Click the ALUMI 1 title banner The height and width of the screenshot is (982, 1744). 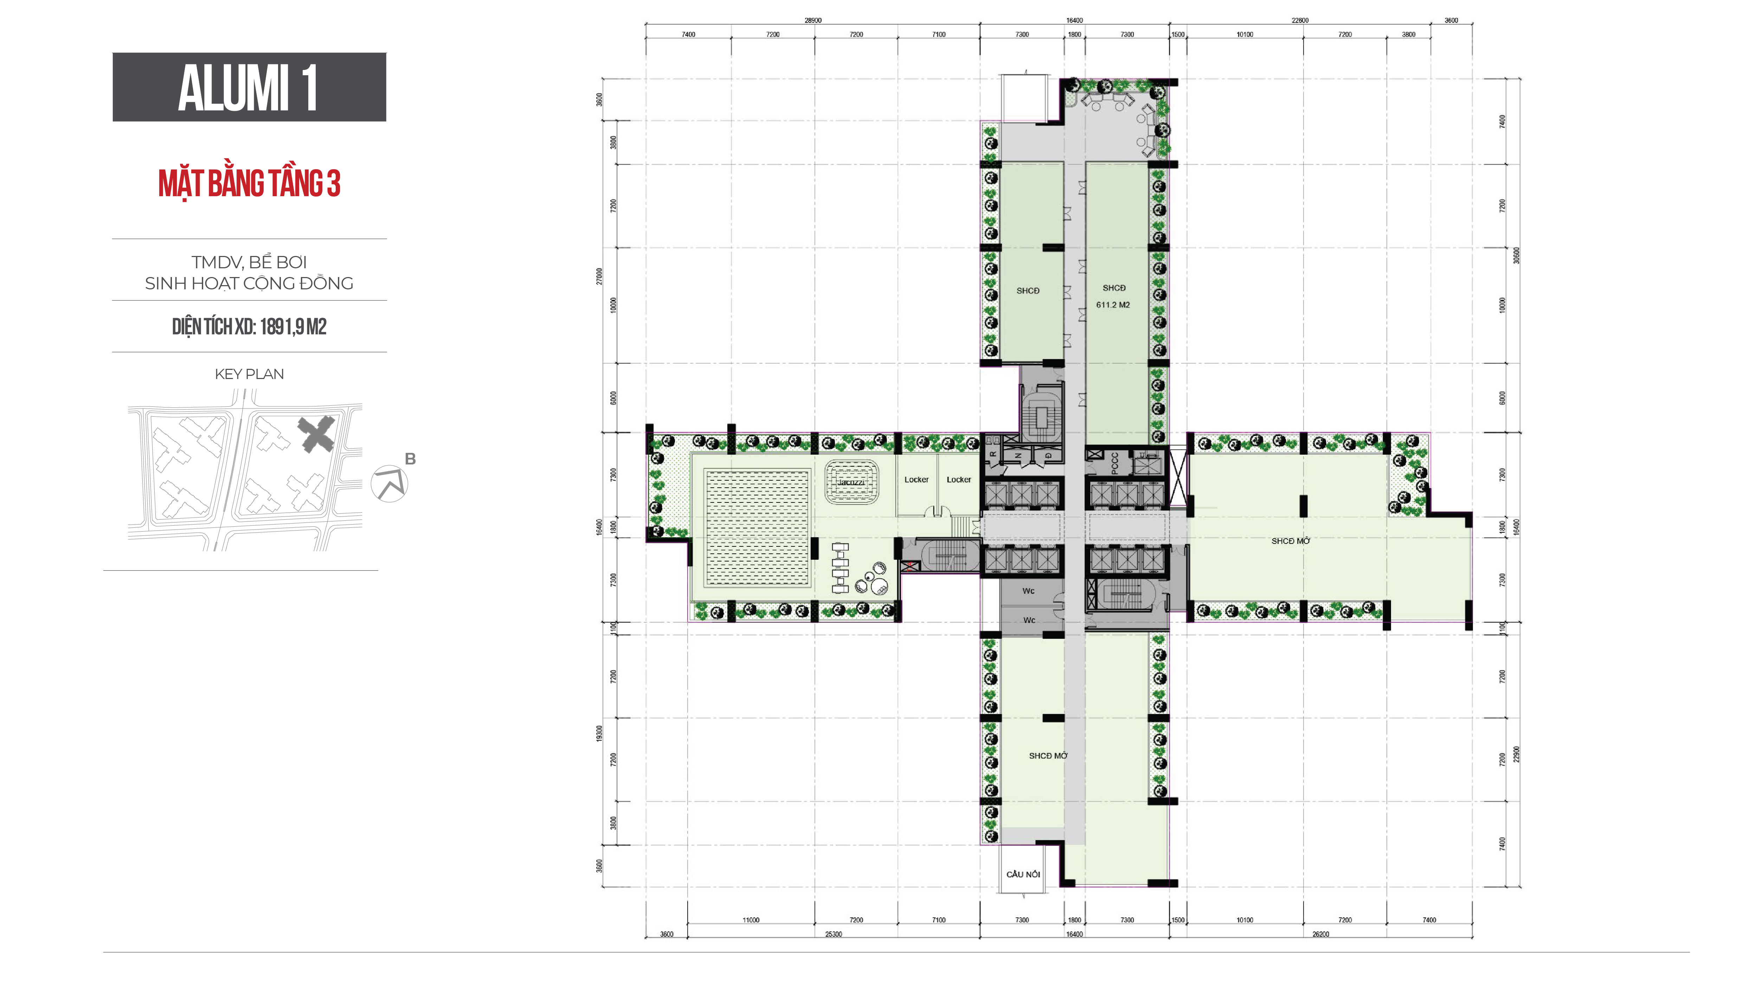pos(249,87)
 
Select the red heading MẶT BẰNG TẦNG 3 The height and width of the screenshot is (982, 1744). pos(249,184)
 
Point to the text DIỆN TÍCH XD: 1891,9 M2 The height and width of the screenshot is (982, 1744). pos(249,327)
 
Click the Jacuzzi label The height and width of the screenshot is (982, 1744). pos(851,482)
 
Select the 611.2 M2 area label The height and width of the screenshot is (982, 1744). pos(1113,305)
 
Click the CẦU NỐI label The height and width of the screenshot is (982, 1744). pos(1023,874)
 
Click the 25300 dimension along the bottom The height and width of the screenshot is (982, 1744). pos(834,935)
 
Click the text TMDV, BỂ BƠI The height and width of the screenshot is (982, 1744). pos(249,262)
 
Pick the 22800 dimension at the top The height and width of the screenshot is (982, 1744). pos(1300,20)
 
